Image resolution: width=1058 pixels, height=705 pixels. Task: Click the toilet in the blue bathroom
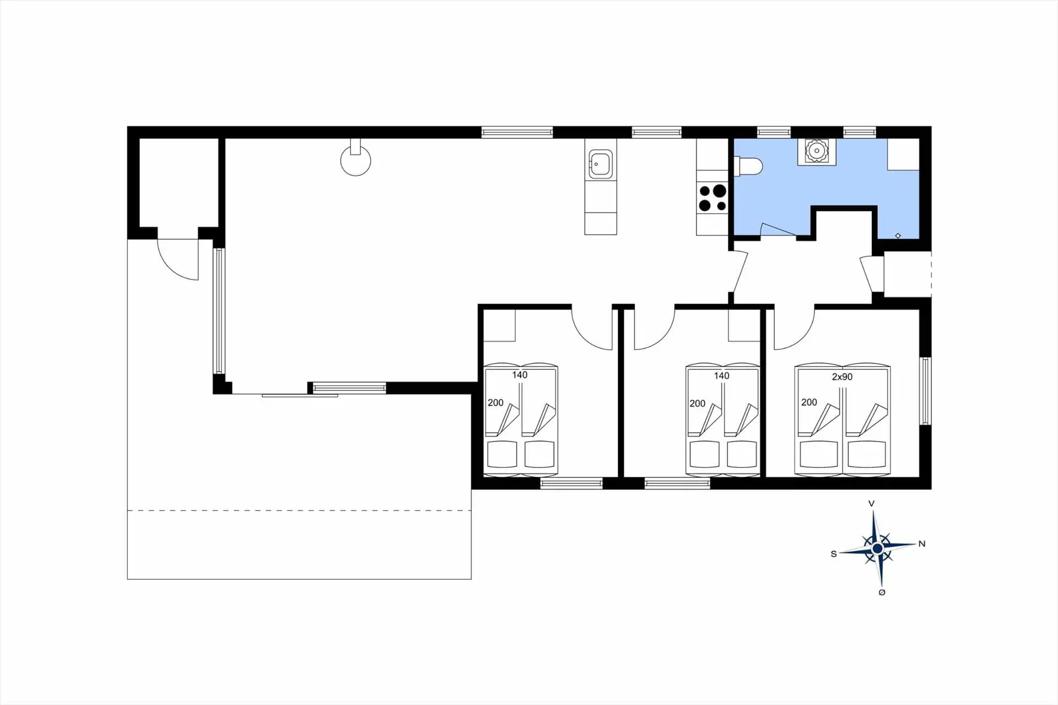click(748, 166)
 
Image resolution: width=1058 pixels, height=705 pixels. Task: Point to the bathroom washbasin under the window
click(816, 150)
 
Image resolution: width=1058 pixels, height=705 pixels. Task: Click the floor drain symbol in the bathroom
click(898, 235)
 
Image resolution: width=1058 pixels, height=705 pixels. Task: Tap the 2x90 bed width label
click(842, 377)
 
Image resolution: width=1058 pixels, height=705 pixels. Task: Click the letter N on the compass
click(922, 544)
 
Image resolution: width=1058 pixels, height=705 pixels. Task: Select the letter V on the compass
click(871, 503)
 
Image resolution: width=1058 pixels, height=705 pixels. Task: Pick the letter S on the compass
click(834, 554)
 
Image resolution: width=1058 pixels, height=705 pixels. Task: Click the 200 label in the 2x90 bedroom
click(809, 402)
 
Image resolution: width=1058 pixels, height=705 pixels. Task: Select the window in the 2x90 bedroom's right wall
click(926, 391)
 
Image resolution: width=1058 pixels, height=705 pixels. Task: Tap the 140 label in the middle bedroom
click(721, 376)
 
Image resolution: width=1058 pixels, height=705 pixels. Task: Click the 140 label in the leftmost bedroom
click(520, 375)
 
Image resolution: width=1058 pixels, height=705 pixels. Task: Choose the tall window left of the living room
click(219, 311)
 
